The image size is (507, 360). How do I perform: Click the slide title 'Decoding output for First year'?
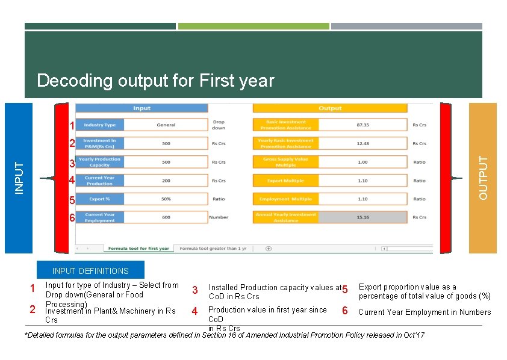[155, 81]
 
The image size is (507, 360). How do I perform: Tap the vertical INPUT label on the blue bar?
[19, 178]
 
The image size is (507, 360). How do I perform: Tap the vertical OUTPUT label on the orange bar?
[483, 178]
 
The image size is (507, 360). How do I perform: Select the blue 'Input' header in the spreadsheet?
[142, 108]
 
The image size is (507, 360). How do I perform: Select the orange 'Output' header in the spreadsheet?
[329, 108]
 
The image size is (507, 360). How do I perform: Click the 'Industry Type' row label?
[99, 125]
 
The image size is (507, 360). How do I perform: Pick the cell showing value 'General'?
[166, 125]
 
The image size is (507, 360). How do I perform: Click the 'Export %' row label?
[99, 199]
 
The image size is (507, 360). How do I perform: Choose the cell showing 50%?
[166, 199]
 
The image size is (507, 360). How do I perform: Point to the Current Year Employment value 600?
[166, 217]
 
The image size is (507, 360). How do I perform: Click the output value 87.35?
[362, 125]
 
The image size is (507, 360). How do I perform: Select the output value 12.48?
[362, 143]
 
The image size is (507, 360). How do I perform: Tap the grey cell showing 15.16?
[362, 217]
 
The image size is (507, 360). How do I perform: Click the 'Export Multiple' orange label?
[285, 181]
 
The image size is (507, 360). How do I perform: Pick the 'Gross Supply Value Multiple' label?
[285, 162]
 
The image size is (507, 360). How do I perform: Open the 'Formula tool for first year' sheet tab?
[138, 248]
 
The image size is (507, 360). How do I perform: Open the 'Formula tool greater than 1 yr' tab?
[213, 248]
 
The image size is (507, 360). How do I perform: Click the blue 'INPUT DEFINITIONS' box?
[90, 271]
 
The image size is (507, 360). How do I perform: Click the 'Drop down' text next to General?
[219, 125]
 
